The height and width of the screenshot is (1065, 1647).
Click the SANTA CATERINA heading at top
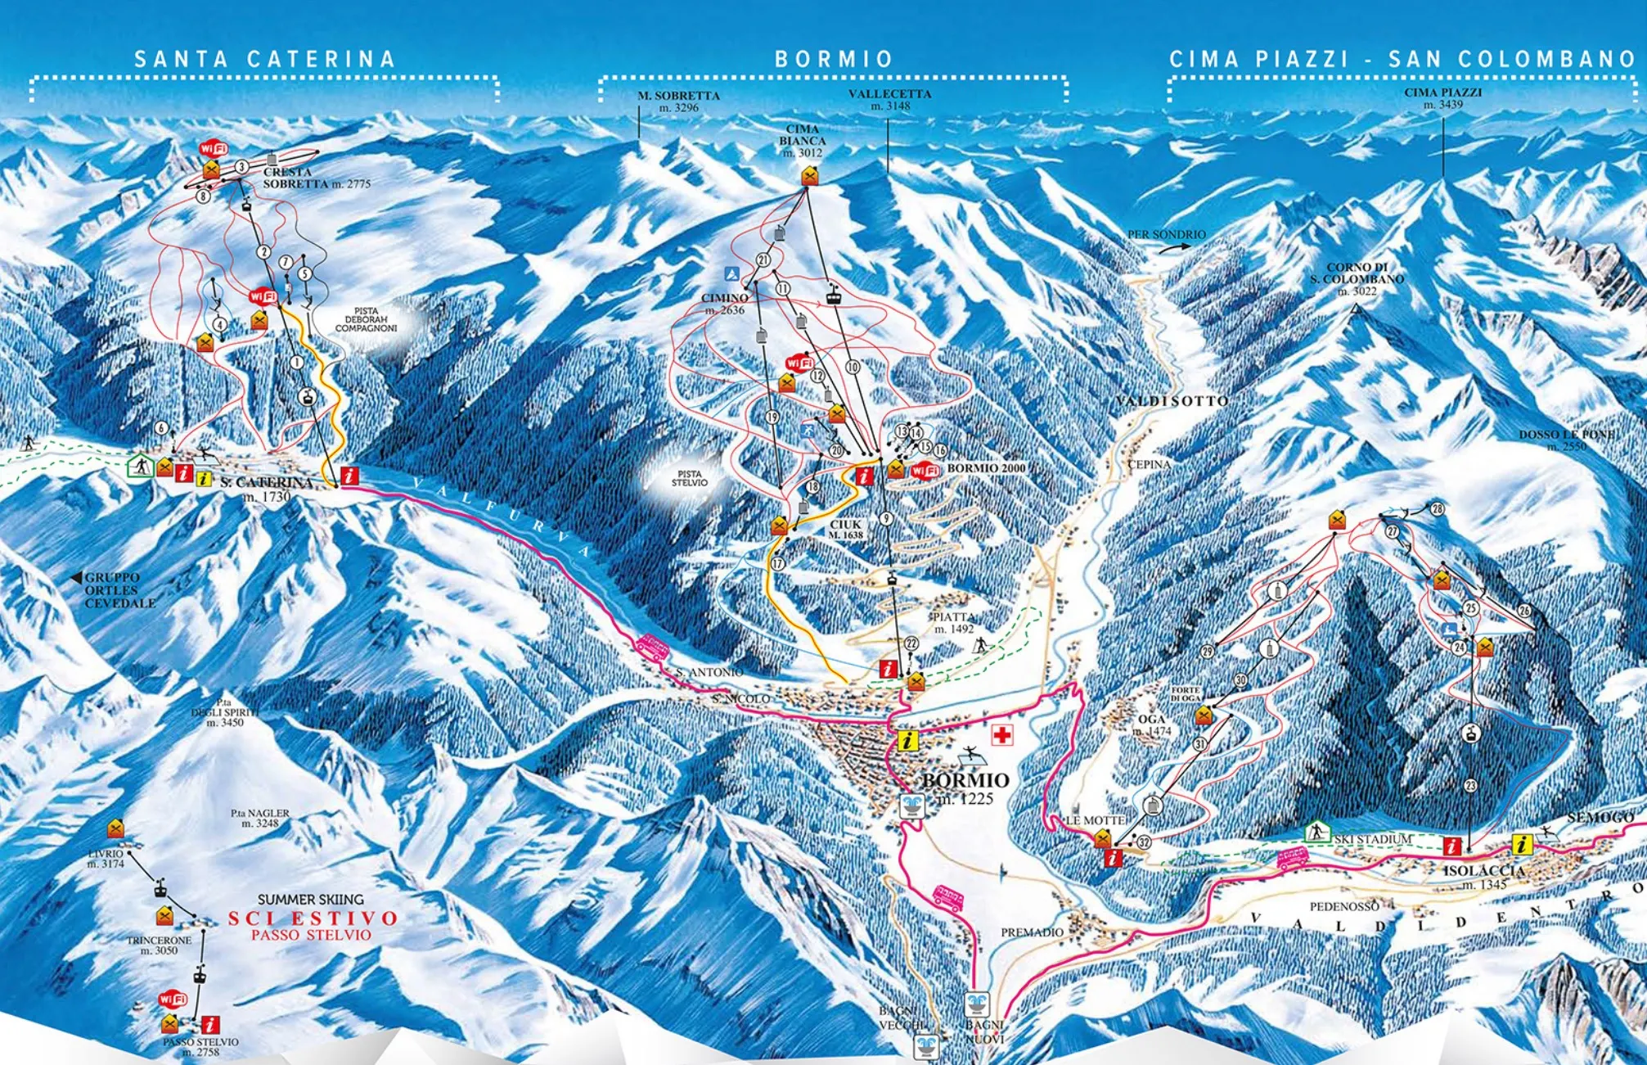click(x=264, y=60)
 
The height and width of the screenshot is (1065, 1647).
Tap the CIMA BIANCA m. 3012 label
click(x=802, y=141)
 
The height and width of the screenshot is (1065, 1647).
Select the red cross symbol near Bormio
click(x=1001, y=734)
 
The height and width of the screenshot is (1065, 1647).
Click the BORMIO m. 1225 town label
click(x=965, y=787)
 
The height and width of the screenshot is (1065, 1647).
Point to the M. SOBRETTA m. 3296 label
click(x=678, y=102)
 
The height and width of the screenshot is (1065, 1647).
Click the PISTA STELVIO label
click(x=689, y=478)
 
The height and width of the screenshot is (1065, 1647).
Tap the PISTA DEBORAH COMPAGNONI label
click(x=366, y=319)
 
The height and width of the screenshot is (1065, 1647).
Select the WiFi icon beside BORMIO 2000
click(x=925, y=471)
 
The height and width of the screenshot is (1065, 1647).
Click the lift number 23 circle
click(x=1470, y=786)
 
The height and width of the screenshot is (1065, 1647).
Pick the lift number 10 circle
click(x=852, y=368)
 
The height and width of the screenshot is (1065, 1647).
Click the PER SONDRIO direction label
click(x=1166, y=235)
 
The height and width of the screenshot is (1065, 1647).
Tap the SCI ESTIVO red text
click(x=313, y=918)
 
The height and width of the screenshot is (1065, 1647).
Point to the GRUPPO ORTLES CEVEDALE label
click(x=119, y=590)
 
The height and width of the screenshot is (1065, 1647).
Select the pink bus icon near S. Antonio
click(x=652, y=648)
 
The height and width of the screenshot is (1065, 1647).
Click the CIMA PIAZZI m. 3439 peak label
click(x=1442, y=98)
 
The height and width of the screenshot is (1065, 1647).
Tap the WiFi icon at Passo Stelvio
click(x=173, y=999)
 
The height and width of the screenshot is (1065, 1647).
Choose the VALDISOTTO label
click(x=1171, y=401)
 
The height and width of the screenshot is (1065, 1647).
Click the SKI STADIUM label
click(x=1372, y=839)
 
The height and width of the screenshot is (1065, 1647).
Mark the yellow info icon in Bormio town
click(x=907, y=741)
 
